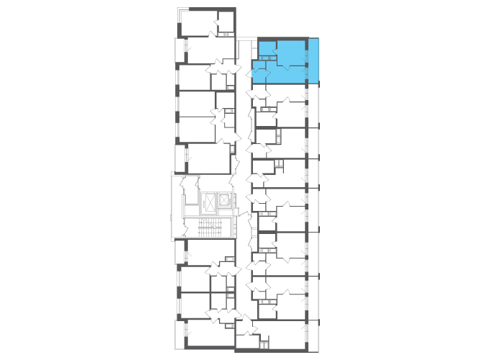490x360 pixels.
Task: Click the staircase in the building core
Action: click(210, 228)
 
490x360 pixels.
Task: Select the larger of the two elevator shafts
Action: click(210, 202)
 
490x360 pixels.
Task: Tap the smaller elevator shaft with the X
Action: click(225, 200)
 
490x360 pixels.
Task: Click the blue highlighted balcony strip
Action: click(313, 60)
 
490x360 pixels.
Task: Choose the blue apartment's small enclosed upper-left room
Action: click(266, 48)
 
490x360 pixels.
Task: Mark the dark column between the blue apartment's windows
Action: click(306, 66)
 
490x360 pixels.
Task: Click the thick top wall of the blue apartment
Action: click(282, 39)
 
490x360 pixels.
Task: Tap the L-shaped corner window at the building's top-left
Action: click(180, 10)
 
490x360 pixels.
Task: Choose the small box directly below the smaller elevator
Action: click(225, 212)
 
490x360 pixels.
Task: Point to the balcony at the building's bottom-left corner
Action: click(179, 334)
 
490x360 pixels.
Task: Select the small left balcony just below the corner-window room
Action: click(179, 50)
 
